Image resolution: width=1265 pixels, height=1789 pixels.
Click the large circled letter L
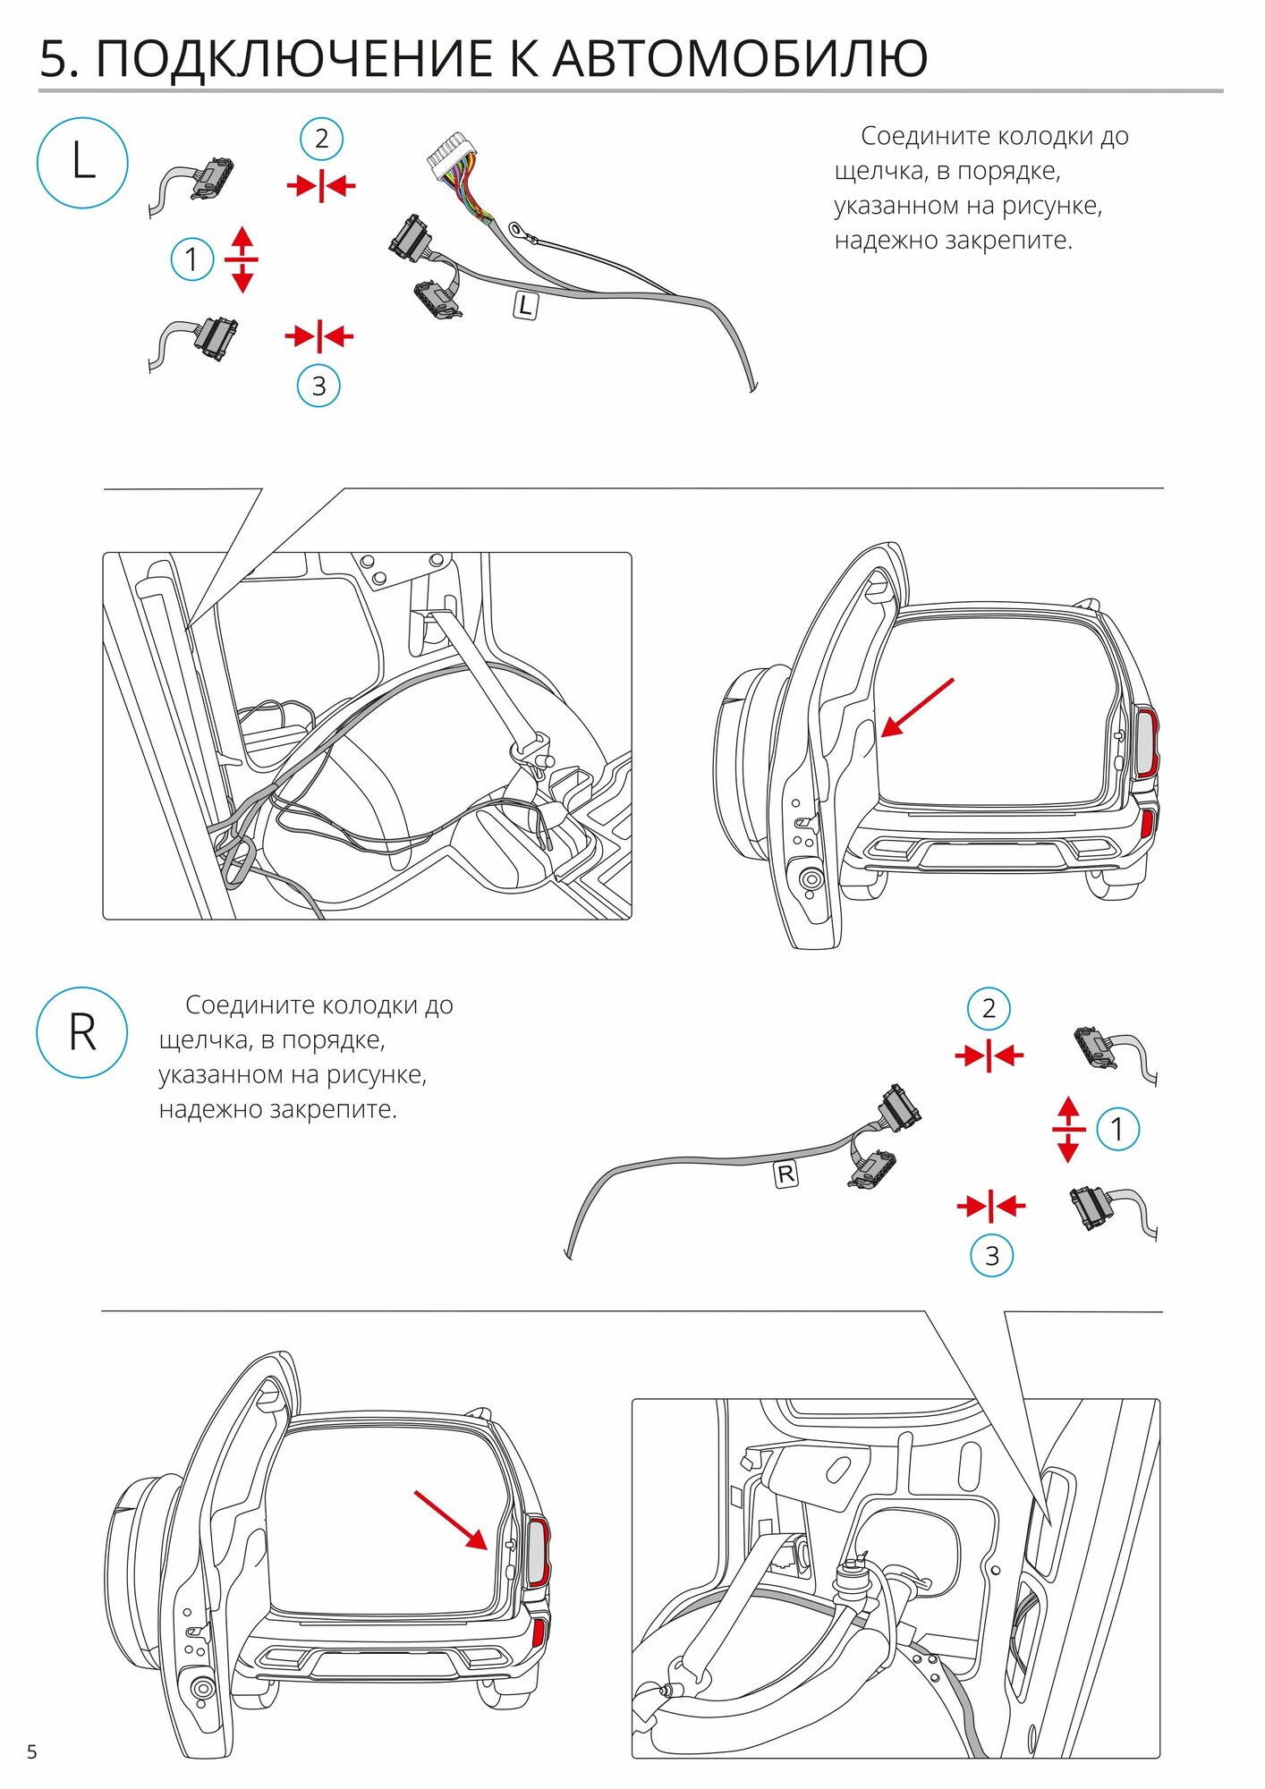coord(82,163)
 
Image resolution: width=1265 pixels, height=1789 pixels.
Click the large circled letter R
coord(82,1032)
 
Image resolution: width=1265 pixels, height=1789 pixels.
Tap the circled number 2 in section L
coord(321,139)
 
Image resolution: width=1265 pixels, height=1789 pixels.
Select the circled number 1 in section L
coord(191,259)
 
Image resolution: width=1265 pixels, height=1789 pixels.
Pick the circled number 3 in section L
coord(318,386)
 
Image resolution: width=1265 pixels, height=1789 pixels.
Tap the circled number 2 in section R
coord(989,1009)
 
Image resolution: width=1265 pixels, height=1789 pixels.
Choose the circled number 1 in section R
coord(1116,1129)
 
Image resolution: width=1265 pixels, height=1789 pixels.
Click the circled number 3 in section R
coord(992,1256)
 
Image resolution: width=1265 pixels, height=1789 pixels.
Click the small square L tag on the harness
coord(525,306)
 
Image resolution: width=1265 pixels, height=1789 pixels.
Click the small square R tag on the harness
coord(785,1174)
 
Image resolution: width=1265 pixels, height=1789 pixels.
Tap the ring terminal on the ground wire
coord(518,230)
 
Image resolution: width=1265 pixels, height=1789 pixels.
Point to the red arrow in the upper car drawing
coord(917,708)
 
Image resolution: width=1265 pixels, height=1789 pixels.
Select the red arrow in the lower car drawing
coord(450,1519)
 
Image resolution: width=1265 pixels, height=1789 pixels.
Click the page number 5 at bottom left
coord(32,1751)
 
